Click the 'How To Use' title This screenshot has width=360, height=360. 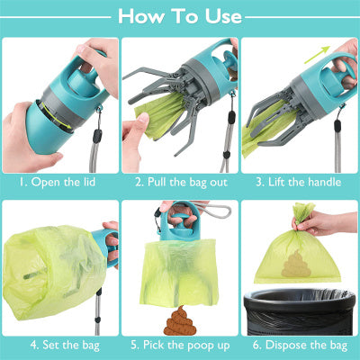pos(180,16)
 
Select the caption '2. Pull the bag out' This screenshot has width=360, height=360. pos(180,182)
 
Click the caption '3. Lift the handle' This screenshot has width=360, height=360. pos(299,182)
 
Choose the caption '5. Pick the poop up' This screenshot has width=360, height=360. pos(180,343)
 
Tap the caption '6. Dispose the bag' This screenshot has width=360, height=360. pos(299,343)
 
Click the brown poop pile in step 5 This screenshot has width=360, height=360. pos(178,318)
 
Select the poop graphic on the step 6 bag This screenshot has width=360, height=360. pos(294,264)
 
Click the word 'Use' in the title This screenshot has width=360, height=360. pos(220,16)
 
